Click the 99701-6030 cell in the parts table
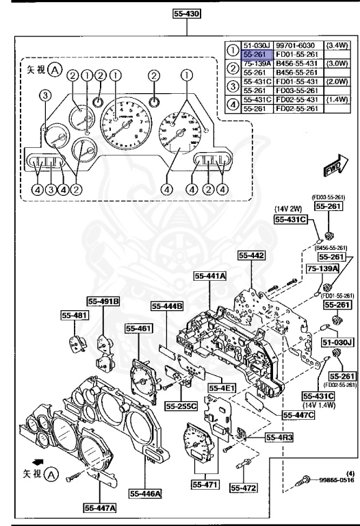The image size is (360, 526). (x=295, y=45)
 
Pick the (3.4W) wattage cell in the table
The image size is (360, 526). (x=335, y=45)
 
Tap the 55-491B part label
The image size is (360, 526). (x=103, y=300)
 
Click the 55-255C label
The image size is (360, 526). (x=181, y=405)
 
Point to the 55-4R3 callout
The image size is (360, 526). (x=261, y=436)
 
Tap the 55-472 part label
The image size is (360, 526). (x=242, y=487)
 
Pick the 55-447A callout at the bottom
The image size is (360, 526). (x=100, y=508)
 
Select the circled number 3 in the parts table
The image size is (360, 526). (x=233, y=85)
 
